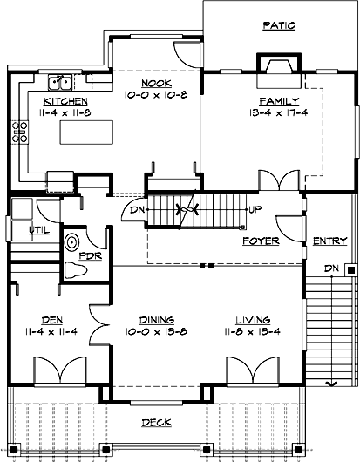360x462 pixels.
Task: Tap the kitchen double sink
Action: [x=60, y=84]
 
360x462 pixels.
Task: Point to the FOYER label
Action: [x=260, y=240]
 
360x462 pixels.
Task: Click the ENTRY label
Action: [x=329, y=241]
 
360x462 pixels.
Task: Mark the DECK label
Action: [x=158, y=423]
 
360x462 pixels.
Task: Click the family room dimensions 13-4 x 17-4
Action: [x=278, y=112]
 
